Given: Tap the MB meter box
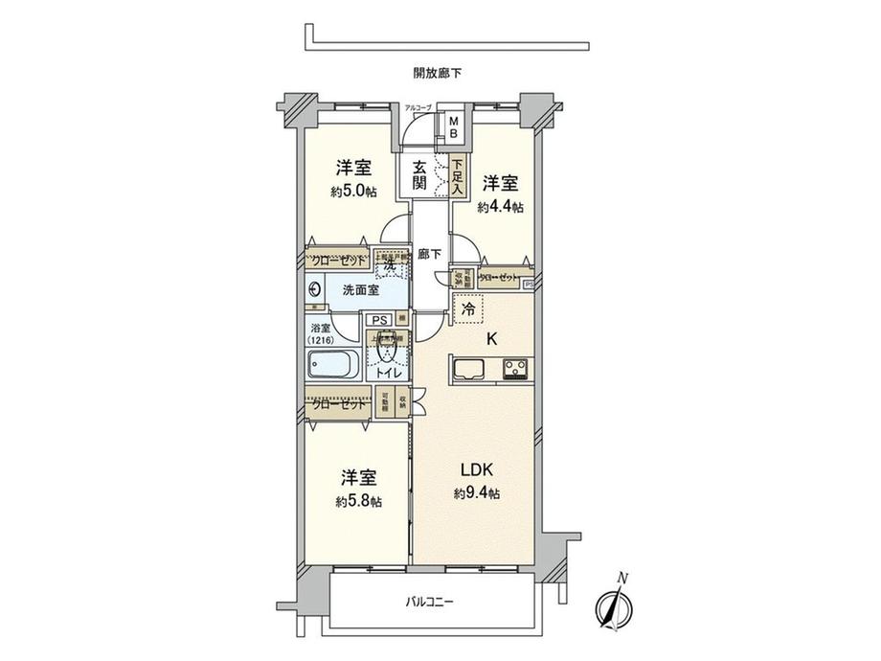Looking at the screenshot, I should click(454, 127).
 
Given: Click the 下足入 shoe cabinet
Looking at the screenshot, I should click(458, 177).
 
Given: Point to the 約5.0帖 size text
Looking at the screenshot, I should click(353, 192).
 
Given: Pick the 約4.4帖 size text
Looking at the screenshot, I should click(501, 207).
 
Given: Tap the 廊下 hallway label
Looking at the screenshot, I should click(430, 256).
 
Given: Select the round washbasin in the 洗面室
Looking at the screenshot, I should click(315, 289).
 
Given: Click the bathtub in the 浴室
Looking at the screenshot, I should click(332, 365).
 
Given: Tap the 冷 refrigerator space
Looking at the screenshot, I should click(468, 310).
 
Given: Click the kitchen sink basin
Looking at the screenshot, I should click(472, 367).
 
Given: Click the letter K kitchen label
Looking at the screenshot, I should click(491, 337).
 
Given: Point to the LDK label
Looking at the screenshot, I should click(476, 469).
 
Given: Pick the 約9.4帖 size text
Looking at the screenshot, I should click(476, 493).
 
